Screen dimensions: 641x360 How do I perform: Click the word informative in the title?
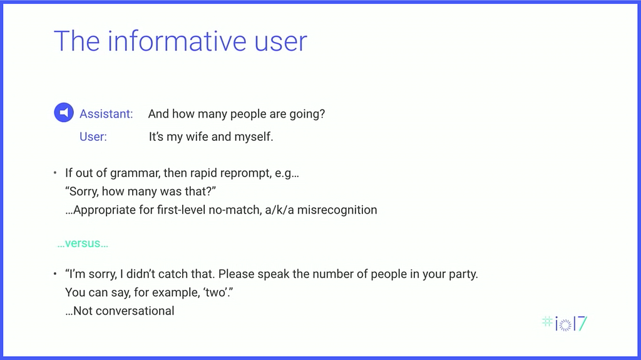(177, 41)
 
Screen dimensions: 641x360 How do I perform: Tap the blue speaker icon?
(64, 112)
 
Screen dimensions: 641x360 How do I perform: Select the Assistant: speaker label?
(106, 114)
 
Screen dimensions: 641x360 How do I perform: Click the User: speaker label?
(93, 136)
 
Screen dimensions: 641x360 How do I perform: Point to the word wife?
(197, 136)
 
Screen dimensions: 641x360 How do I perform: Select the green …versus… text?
(83, 244)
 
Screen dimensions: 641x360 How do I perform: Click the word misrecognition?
(337, 210)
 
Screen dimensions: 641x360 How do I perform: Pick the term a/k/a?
(279, 210)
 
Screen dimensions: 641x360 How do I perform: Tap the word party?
(463, 274)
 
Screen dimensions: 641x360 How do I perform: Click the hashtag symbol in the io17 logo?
(547, 322)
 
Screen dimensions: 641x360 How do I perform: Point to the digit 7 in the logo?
(583, 323)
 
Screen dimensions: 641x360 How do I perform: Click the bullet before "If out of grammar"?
(55, 173)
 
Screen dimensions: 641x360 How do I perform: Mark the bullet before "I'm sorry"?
(55, 274)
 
